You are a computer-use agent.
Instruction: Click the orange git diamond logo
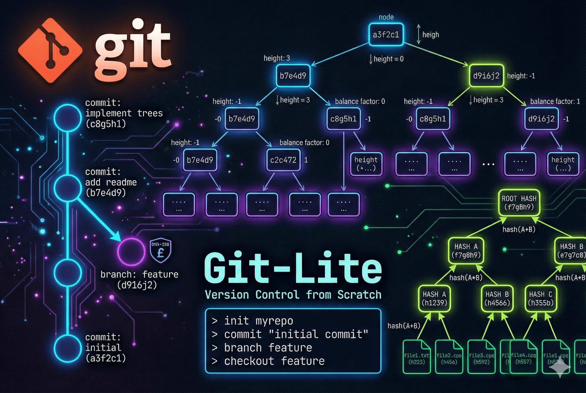tap(50, 50)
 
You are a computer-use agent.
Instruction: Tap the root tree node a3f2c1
tap(386, 35)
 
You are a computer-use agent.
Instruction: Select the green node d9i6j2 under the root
tap(486, 76)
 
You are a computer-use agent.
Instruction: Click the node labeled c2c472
tap(283, 160)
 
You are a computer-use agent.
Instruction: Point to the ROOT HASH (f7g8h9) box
tap(519, 203)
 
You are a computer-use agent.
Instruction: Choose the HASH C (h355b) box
tap(540, 298)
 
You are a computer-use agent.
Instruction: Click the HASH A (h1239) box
tap(434, 298)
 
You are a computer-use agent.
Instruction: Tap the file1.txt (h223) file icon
tap(416, 357)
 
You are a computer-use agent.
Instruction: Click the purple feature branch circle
tap(131, 252)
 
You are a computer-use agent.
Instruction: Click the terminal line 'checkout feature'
tap(274, 361)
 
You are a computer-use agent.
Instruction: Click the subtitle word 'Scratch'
tap(359, 295)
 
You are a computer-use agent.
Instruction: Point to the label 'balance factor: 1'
tap(555, 101)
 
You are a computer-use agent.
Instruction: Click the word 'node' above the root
tap(386, 17)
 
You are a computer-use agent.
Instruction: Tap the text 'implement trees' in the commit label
tap(124, 113)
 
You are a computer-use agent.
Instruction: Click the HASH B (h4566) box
tap(497, 298)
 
